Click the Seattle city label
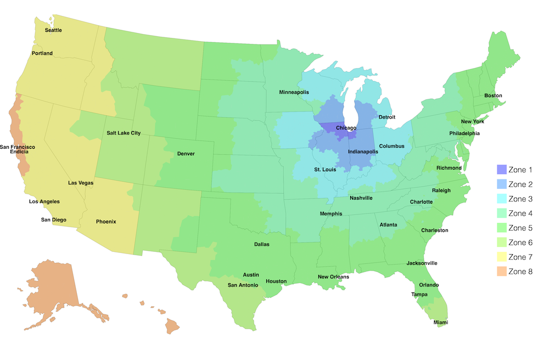pyautogui.click(x=53, y=30)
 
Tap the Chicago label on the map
pyautogui.click(x=346, y=128)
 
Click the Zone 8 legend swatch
pyautogui.click(x=501, y=271)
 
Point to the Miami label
pyautogui.click(x=441, y=322)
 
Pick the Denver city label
pyautogui.click(x=186, y=154)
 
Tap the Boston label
pyautogui.click(x=493, y=95)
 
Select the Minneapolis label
pyautogui.click(x=296, y=92)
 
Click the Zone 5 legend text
pyautogui.click(x=520, y=228)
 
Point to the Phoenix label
pyautogui.click(x=106, y=222)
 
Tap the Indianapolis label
pyautogui.click(x=363, y=151)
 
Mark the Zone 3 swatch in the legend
pyautogui.click(x=501, y=199)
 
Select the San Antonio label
pyautogui.click(x=243, y=285)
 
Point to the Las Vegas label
pyautogui.click(x=81, y=183)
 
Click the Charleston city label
pyautogui.click(x=435, y=230)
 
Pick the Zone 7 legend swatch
pyautogui.click(x=501, y=257)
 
